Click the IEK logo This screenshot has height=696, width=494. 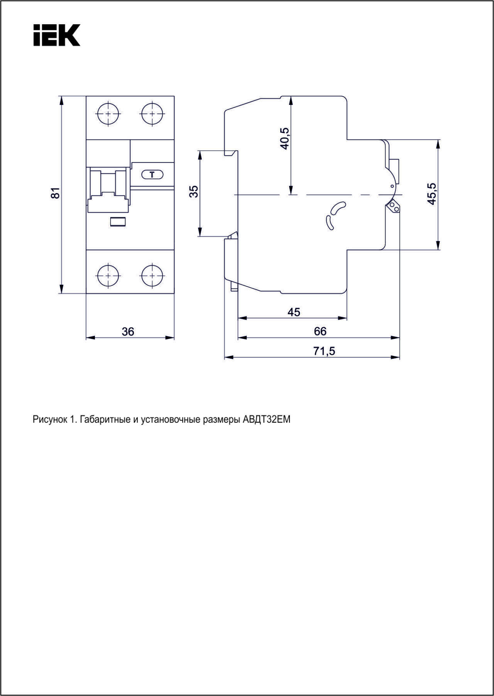click(x=57, y=35)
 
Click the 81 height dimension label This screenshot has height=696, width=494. click(x=56, y=193)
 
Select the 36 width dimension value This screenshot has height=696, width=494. click(x=128, y=332)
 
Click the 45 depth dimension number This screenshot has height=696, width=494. click(x=294, y=312)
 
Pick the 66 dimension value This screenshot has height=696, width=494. click(x=320, y=331)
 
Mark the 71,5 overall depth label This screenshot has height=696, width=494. click(x=324, y=351)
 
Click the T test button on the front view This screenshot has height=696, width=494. click(x=152, y=174)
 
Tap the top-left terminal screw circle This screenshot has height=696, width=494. click(x=108, y=113)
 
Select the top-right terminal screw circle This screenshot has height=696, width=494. click(x=152, y=113)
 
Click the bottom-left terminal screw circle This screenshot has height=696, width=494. click(x=108, y=276)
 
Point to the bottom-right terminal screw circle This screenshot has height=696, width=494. click(x=152, y=276)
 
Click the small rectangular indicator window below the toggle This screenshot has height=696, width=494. click(x=118, y=222)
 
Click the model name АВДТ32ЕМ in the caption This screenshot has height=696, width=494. click(x=267, y=419)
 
